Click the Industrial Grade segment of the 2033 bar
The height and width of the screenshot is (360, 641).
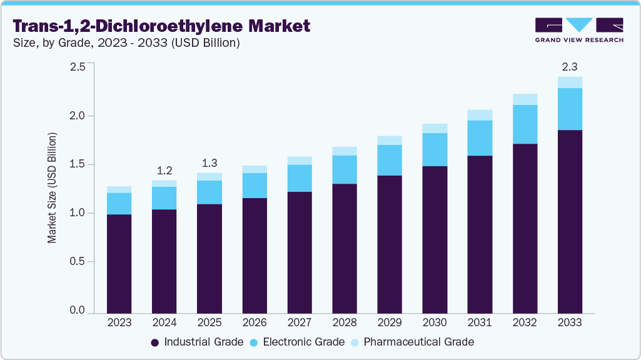[570, 221]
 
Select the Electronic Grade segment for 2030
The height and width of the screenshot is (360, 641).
[435, 149]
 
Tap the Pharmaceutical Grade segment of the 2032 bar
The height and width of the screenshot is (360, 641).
[525, 99]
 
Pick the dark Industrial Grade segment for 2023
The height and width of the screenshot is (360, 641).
[119, 263]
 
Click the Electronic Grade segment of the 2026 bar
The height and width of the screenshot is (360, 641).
[255, 185]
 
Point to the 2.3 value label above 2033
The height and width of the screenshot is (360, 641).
[570, 66]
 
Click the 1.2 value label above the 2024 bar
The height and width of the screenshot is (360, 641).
[164, 170]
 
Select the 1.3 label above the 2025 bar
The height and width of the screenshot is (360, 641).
[209, 162]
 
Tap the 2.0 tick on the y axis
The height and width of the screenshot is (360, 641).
[77, 116]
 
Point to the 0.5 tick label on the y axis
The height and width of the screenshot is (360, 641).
[77, 262]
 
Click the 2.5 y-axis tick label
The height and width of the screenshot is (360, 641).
[77, 67]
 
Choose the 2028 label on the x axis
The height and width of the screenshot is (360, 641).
[345, 323]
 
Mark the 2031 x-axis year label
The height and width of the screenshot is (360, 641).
[480, 323]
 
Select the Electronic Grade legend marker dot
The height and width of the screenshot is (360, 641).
[254, 342]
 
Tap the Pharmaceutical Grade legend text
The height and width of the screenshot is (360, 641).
[418, 342]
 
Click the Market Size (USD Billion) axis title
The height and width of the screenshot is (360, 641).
[53, 187]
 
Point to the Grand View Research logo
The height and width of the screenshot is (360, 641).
[579, 30]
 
